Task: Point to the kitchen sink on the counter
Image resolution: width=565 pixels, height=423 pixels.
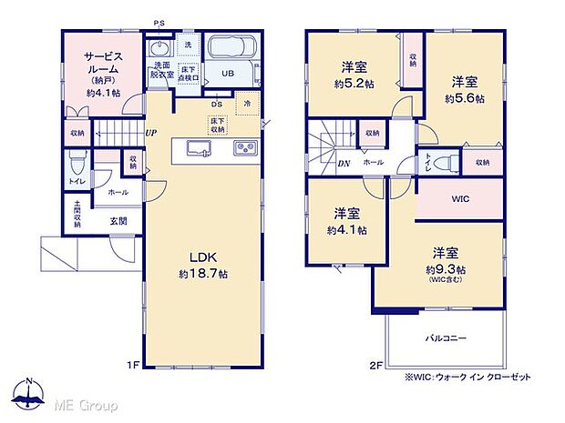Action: click(198, 148)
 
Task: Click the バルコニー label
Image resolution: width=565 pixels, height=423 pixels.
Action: click(446, 337)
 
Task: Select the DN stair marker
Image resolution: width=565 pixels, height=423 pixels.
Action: click(318, 164)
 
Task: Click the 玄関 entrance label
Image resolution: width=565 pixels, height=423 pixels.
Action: click(118, 220)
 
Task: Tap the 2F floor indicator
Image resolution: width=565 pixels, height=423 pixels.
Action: click(376, 366)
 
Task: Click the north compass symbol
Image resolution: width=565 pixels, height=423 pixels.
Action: click(31, 393)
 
